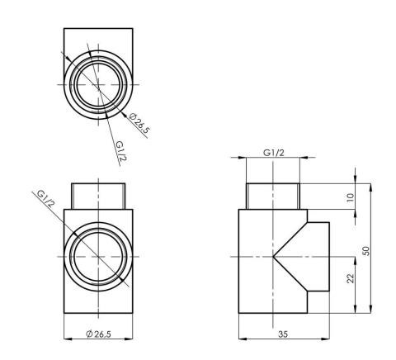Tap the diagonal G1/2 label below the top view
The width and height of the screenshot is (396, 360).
(120, 151)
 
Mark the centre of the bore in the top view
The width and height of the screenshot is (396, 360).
(97, 84)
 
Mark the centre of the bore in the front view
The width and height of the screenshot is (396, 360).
(97, 256)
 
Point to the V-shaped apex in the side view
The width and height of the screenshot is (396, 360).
(274, 256)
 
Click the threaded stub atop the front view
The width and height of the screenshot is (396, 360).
(97, 195)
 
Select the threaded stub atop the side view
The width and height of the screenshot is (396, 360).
(274, 195)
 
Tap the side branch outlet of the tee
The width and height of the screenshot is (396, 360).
(320, 256)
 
